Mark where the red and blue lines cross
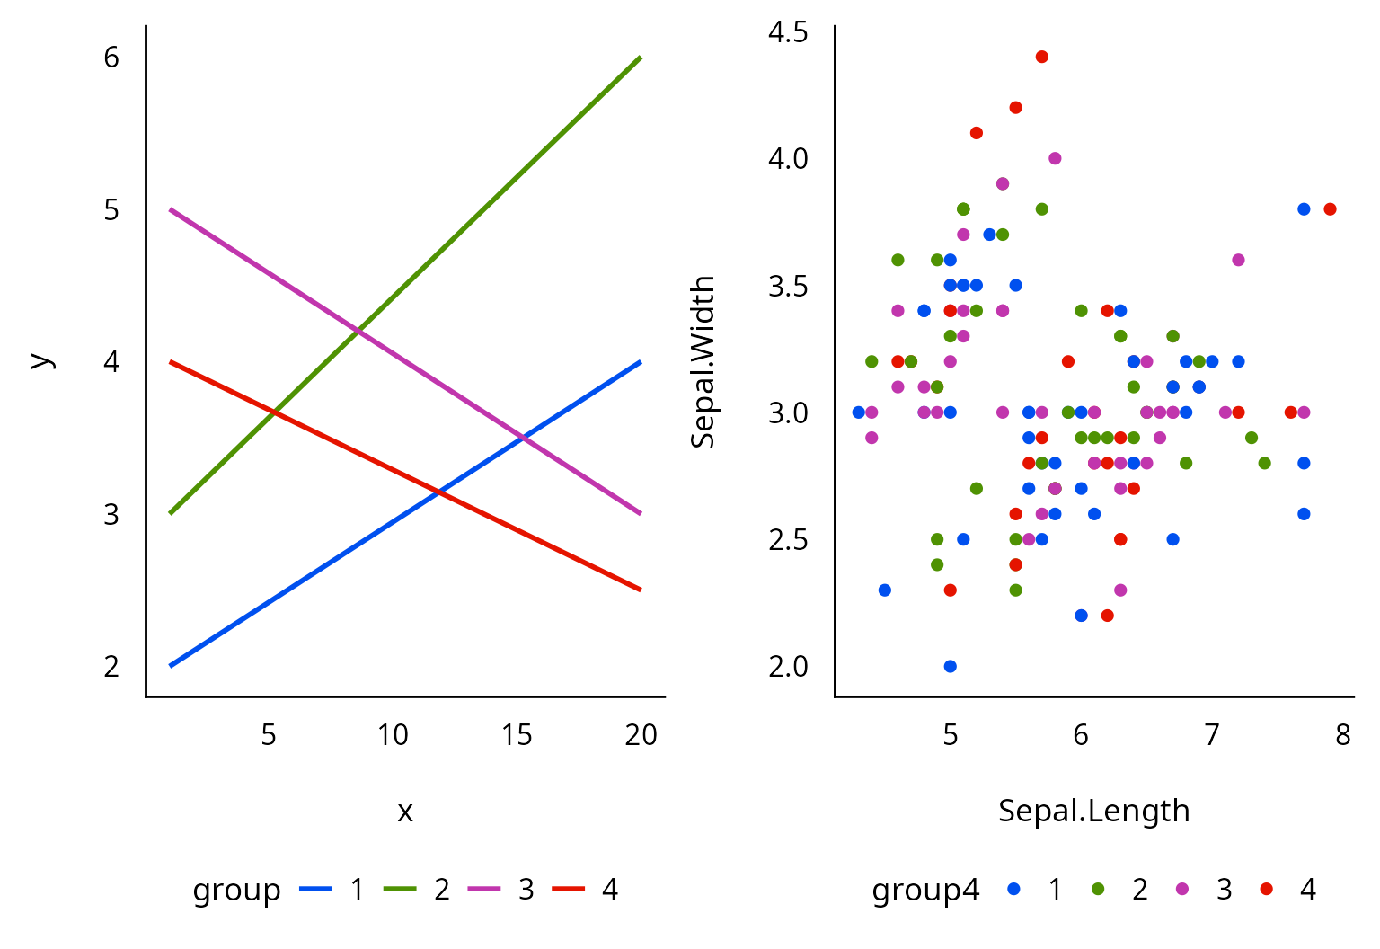click(438, 492)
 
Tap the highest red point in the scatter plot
click(1042, 57)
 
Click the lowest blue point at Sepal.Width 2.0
click(951, 666)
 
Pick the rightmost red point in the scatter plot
click(1330, 209)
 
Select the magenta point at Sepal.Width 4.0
click(1055, 158)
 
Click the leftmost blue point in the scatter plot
click(859, 412)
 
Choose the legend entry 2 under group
click(441, 890)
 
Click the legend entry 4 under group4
click(1307, 890)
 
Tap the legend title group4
click(925, 890)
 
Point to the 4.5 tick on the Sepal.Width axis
click(788, 33)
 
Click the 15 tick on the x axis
click(517, 735)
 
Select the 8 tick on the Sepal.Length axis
click(1342, 735)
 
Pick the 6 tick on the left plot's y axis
click(111, 58)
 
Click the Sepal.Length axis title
click(1093, 811)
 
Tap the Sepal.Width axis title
click(703, 361)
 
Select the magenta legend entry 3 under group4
click(1223, 890)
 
